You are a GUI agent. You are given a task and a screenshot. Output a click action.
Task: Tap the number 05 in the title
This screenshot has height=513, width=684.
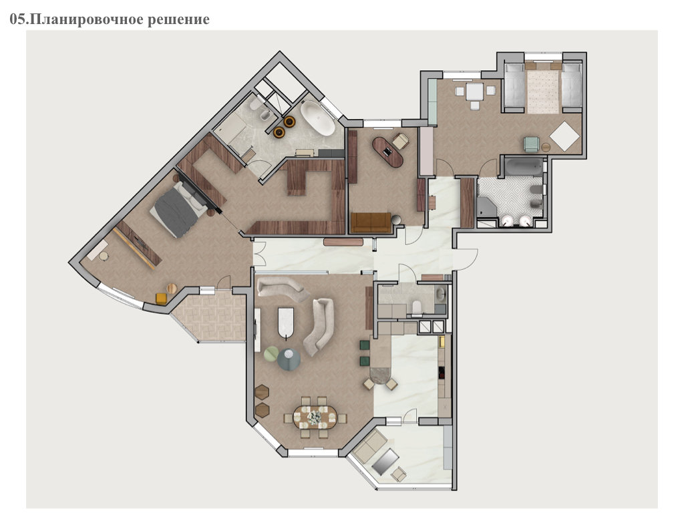pyautogui.click(x=17, y=19)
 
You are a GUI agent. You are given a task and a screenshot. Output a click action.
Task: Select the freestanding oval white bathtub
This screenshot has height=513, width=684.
pyautogui.click(x=317, y=118)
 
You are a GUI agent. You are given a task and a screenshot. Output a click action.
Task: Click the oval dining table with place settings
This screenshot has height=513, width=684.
pyautogui.click(x=315, y=417)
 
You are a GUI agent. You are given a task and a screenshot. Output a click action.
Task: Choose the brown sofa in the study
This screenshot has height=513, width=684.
pyautogui.click(x=371, y=222)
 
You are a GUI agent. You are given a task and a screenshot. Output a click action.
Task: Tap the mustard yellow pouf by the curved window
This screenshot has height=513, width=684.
pyautogui.click(x=161, y=299)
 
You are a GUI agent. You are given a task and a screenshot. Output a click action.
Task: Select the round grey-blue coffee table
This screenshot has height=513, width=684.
pyautogui.click(x=289, y=359)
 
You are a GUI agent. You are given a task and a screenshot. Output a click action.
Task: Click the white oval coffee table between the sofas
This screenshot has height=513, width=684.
pyautogui.click(x=286, y=323)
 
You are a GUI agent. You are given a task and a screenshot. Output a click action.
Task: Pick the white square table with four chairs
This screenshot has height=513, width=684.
pyautogui.click(x=474, y=92)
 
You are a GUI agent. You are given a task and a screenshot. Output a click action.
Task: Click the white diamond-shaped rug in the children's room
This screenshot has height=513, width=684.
pyautogui.click(x=564, y=136)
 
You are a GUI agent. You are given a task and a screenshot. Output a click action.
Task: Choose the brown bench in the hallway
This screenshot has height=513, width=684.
pyautogui.click(x=343, y=242)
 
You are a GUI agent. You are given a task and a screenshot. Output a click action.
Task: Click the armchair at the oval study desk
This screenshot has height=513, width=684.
pyautogui.click(x=401, y=140)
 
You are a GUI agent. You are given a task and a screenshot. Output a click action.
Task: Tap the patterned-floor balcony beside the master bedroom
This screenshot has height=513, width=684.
pyautogui.click(x=209, y=317)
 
